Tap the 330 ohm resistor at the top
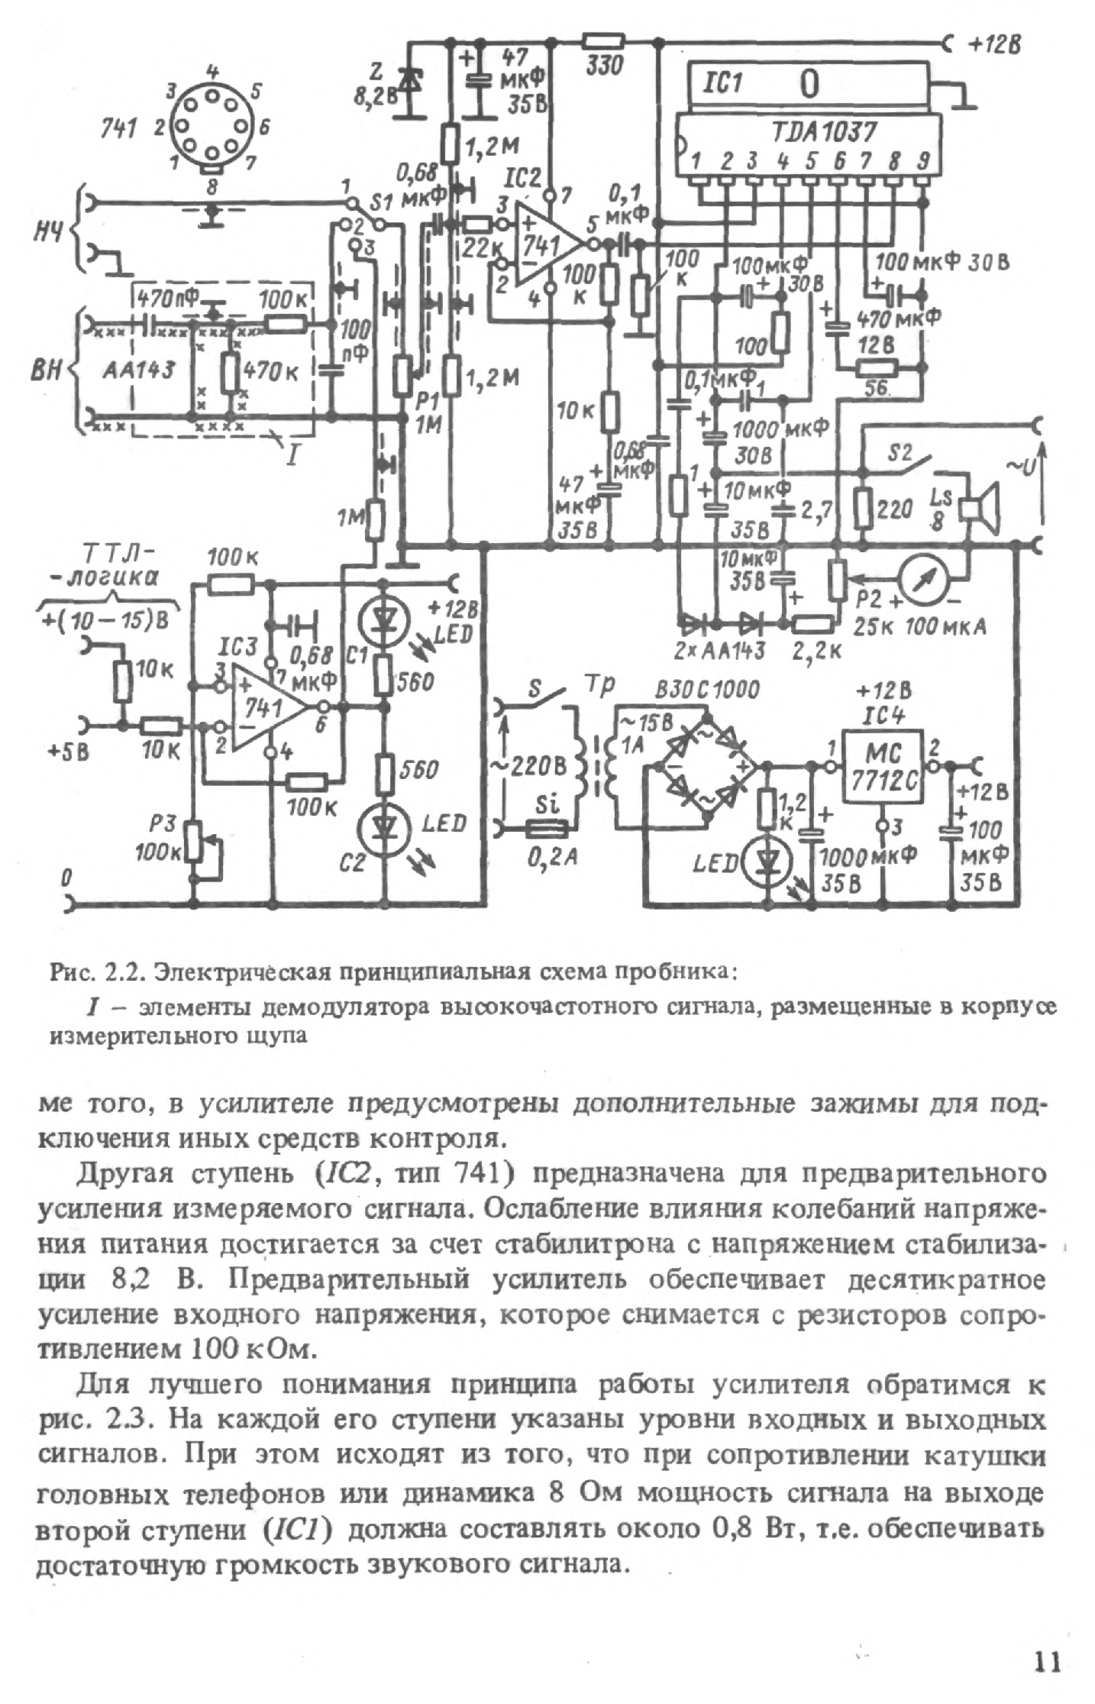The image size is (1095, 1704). point(603,41)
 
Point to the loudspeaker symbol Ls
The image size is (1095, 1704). point(980,508)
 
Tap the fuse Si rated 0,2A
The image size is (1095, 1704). point(547,827)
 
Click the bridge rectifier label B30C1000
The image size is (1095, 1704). point(707,690)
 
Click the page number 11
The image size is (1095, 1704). point(1048,1662)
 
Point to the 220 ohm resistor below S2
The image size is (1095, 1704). point(864,507)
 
